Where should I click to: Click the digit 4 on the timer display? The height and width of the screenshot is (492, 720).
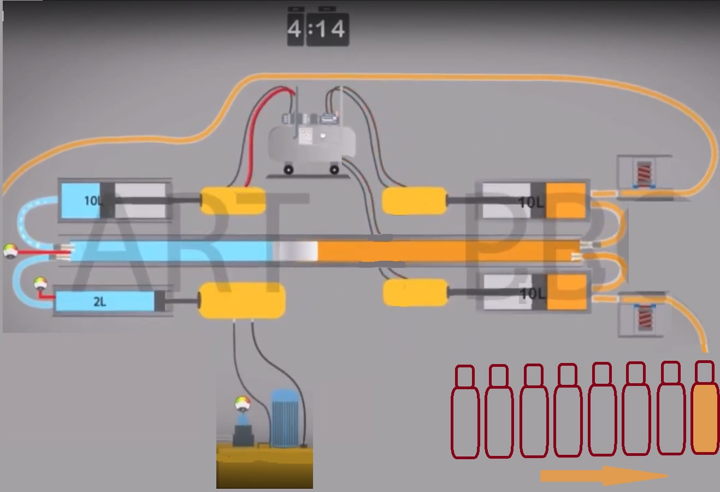[x=295, y=28]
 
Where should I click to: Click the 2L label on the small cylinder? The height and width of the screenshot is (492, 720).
[x=99, y=301]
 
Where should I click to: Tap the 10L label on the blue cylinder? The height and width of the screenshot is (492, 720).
[x=93, y=201]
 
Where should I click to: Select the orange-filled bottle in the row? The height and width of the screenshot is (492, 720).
[x=705, y=410]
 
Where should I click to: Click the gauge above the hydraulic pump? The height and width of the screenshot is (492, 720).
[x=243, y=404]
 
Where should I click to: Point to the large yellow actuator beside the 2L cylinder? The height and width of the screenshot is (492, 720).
[x=241, y=301]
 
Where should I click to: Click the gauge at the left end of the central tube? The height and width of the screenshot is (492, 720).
[x=9, y=251]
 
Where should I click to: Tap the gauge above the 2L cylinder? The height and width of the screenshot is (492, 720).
[x=40, y=283]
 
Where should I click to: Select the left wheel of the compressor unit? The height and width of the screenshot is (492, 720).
[x=288, y=170]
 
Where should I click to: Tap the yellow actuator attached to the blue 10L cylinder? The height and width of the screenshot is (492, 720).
[x=233, y=201]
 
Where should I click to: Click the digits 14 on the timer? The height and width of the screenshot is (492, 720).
[x=330, y=28]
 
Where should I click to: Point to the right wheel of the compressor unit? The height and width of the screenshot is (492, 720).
[x=334, y=170]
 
